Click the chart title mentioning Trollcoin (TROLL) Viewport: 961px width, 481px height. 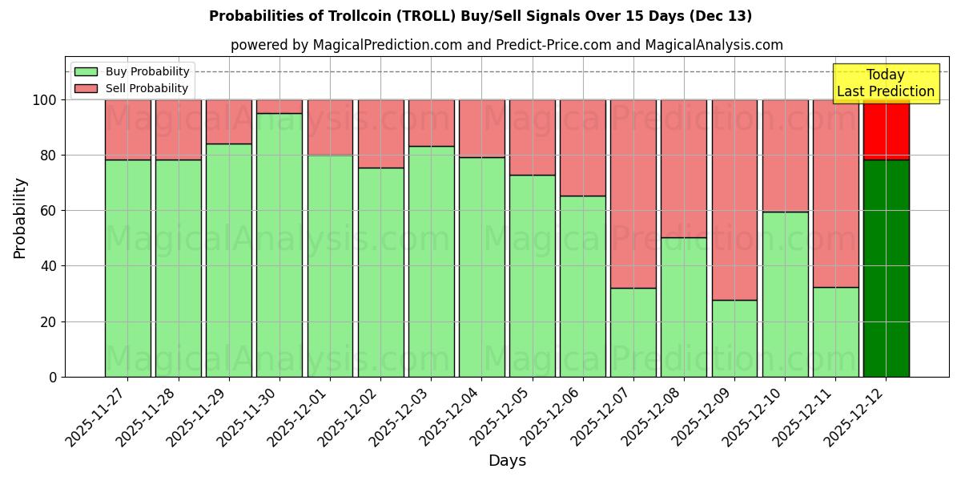[480, 16]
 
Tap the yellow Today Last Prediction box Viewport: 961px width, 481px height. [886, 83]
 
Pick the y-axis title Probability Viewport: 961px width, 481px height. [20, 217]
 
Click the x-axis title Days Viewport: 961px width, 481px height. [507, 461]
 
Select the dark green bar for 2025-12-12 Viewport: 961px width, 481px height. [886, 268]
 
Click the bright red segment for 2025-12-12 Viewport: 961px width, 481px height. [886, 129]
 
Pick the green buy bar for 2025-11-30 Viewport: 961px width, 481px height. [279, 245]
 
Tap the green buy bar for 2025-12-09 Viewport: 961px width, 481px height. [734, 338]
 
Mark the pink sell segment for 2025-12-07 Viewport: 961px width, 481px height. [633, 193]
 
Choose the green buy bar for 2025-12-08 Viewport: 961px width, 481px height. [684, 307]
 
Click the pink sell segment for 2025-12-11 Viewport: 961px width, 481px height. [835, 193]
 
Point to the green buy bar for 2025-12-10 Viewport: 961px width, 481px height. [785, 294]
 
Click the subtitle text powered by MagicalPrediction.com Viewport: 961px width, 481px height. [507, 45]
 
